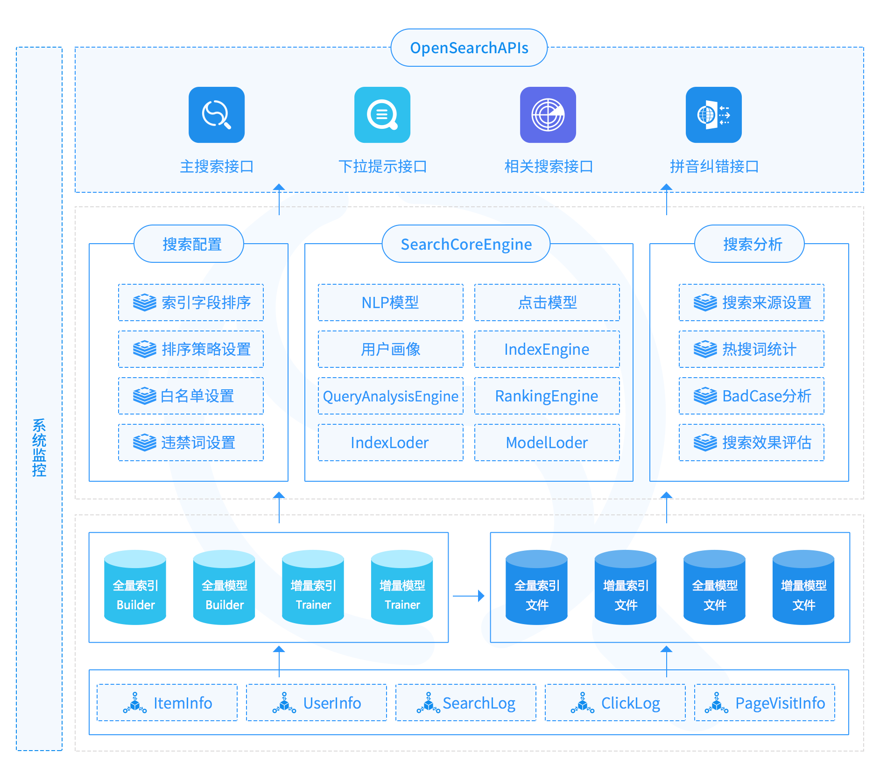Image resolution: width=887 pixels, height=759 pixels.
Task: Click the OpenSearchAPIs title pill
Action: pyautogui.click(x=469, y=48)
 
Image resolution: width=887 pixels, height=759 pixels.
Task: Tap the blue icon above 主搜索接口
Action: pyautogui.click(x=217, y=115)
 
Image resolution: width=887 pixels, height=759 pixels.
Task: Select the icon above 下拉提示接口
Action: pyautogui.click(x=382, y=115)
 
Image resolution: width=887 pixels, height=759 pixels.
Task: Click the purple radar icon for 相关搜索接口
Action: pyautogui.click(x=548, y=115)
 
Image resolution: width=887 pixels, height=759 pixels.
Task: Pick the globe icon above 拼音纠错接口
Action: pyautogui.click(x=713, y=115)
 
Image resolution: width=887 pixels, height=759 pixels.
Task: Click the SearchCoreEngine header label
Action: pyautogui.click(x=466, y=244)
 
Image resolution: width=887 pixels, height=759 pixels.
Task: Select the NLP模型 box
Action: pyautogui.click(x=391, y=302)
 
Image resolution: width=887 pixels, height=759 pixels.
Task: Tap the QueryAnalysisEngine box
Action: pyautogui.click(x=391, y=396)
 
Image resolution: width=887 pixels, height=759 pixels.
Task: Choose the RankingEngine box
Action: pyautogui.click(x=547, y=396)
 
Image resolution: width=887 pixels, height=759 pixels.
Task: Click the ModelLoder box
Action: pyautogui.click(x=547, y=443)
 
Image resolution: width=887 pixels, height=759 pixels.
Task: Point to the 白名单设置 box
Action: pyautogui.click(x=191, y=396)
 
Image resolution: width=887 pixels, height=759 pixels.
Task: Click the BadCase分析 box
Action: pyautogui.click(x=752, y=396)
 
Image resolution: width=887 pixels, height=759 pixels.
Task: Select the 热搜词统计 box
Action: pyautogui.click(x=752, y=349)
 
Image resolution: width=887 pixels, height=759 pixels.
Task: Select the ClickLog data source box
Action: pyautogui.click(x=615, y=703)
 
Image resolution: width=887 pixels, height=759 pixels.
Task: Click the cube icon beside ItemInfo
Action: pyautogui.click(x=135, y=703)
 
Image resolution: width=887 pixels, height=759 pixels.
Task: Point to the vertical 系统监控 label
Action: pyautogui.click(x=39, y=447)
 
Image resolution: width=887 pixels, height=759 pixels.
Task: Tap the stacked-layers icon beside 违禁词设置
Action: pyautogui.click(x=145, y=443)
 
